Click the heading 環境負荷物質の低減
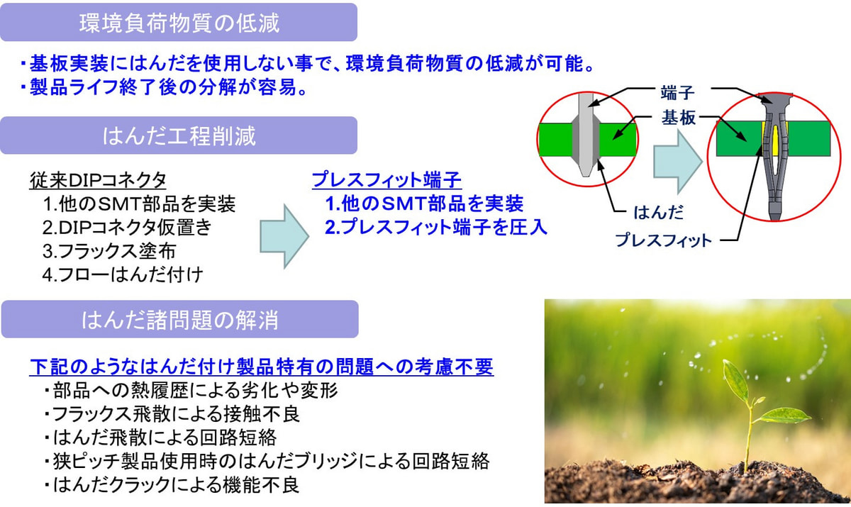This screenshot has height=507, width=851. tap(179, 23)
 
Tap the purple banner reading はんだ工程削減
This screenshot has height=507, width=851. tap(179, 135)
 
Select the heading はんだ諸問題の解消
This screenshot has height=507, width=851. tap(179, 319)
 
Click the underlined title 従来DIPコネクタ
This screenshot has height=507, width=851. tap(98, 180)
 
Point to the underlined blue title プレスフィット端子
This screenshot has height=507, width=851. tap(386, 180)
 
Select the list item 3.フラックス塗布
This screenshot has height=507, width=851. tap(109, 252)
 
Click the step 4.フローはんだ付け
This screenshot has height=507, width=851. tap(123, 275)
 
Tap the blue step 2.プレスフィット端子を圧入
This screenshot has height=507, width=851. tap(435, 227)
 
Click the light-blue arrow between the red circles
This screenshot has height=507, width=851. tap(677, 162)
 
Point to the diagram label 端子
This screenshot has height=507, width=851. tap(677, 93)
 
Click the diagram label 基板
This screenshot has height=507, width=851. tap(679, 118)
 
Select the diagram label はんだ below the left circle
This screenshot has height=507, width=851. tap(659, 212)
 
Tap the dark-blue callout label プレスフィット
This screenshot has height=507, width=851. tap(663, 240)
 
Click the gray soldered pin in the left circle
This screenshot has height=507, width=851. tap(586, 135)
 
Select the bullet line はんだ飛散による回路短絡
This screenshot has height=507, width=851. tap(160, 438)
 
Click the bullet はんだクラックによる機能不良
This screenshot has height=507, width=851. tap(172, 484)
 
